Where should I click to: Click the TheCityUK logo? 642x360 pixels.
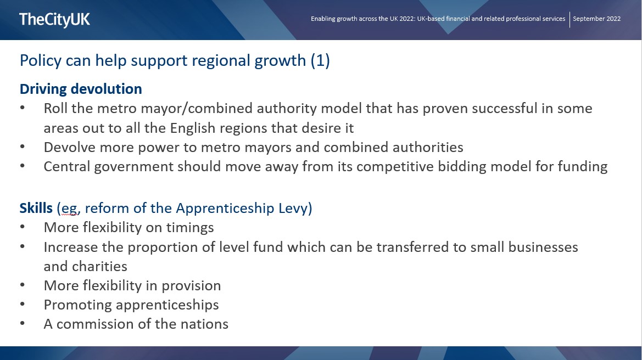pos(54,20)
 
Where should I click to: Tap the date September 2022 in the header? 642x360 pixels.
pos(596,19)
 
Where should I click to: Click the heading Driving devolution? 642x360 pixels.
pos(81,89)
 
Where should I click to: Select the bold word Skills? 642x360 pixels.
pos(36,208)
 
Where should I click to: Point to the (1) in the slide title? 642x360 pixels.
pos(320,60)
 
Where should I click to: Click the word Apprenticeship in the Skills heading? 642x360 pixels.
pos(225,208)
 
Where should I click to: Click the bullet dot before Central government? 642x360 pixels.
pos(22,166)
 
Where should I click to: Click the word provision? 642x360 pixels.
pos(191,286)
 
